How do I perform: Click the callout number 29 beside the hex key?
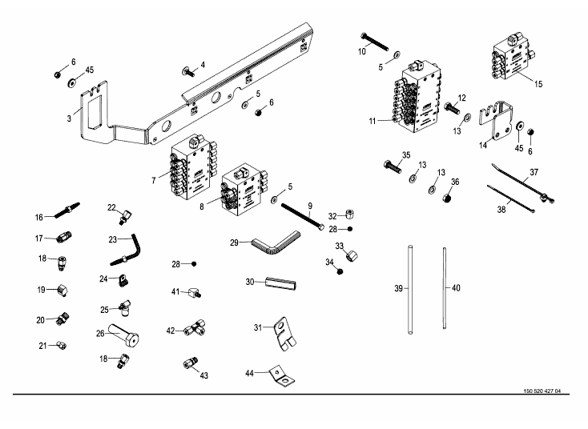coord(234,242)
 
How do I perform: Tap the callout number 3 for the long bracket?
coord(69,118)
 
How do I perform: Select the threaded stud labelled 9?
coord(302,217)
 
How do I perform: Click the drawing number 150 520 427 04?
coord(541,391)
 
